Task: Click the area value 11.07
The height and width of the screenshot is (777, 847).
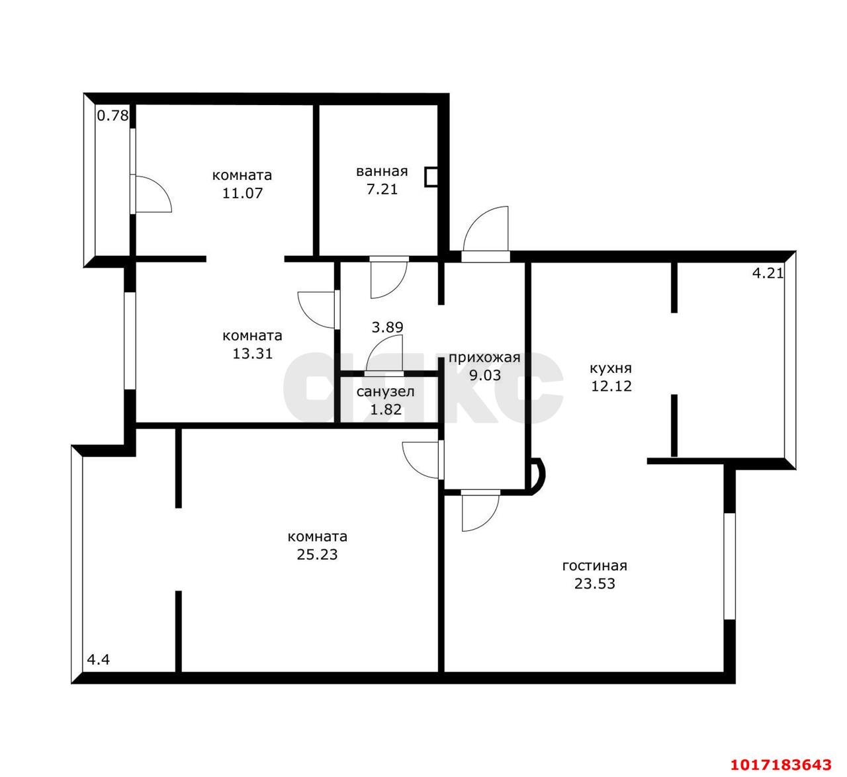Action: [242, 193]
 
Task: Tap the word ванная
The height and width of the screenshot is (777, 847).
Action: [382, 171]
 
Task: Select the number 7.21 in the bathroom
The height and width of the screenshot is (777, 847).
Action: [382, 189]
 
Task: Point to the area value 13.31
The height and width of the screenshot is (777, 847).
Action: [253, 353]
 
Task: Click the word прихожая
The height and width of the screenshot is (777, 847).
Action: [484, 358]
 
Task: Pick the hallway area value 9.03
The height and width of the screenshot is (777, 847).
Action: [485, 375]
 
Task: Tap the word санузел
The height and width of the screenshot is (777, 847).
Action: [386, 391]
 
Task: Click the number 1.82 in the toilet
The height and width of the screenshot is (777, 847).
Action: [386, 409]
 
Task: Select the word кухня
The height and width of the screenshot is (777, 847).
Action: [611, 368]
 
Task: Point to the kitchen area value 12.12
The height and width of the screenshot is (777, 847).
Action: [611, 386]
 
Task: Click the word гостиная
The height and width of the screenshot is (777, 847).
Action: [594, 565]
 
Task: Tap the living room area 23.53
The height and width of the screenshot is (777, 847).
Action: [594, 584]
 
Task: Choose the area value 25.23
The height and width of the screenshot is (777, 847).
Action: [317, 555]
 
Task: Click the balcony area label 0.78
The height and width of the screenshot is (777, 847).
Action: [112, 115]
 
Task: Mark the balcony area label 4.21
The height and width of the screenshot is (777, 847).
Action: [768, 274]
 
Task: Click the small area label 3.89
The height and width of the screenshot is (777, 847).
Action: [387, 327]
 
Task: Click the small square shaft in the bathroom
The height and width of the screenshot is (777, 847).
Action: [431, 177]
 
